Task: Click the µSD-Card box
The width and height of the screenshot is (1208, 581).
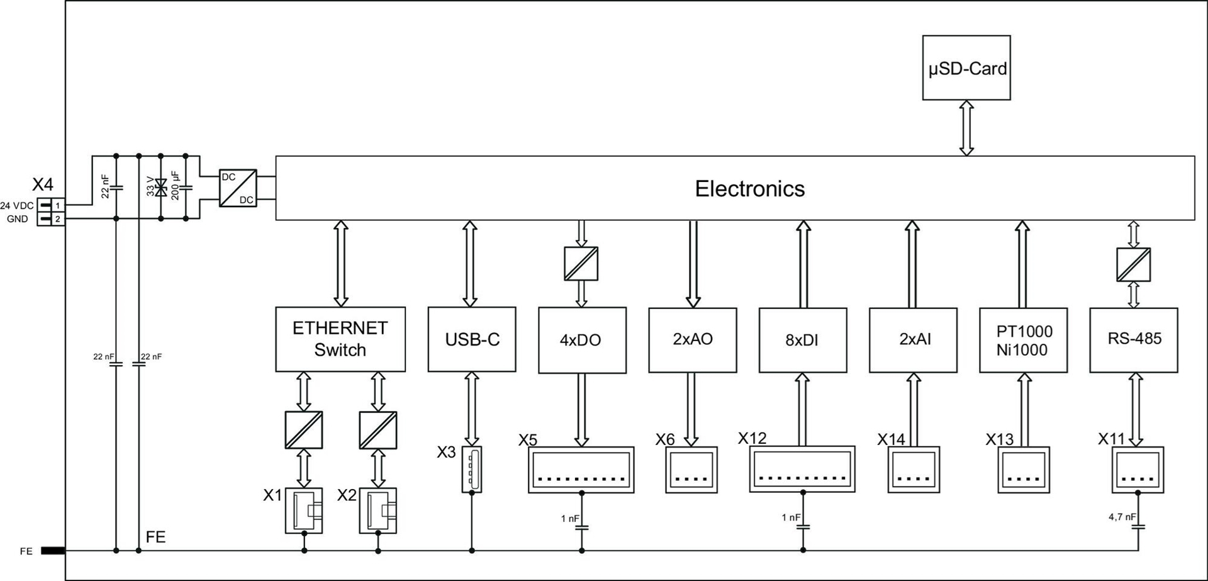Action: (x=966, y=67)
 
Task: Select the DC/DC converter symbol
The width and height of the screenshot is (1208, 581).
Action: (x=238, y=188)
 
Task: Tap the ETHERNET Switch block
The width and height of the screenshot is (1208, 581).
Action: (x=340, y=339)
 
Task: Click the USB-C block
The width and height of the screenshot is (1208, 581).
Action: (x=471, y=339)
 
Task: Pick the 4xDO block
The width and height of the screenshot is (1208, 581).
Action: (x=582, y=340)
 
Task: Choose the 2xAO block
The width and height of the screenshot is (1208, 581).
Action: (x=692, y=340)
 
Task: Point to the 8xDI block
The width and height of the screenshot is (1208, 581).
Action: (x=802, y=340)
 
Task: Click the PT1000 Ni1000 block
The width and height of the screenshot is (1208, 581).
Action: (x=1023, y=340)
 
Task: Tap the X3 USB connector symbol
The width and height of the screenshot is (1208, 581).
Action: (x=471, y=470)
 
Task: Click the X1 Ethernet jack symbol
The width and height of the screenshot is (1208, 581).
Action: (x=304, y=510)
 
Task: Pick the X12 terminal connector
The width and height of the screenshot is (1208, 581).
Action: (x=802, y=469)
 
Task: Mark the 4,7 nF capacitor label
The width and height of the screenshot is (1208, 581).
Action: (x=1122, y=517)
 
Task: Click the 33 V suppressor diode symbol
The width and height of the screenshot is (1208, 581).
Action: (x=161, y=187)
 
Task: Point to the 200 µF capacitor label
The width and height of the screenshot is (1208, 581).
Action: (x=175, y=186)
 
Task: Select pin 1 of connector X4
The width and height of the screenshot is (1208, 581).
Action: (x=57, y=205)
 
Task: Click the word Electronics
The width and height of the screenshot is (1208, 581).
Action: (x=749, y=189)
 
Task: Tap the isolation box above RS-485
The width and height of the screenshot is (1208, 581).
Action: (x=1133, y=264)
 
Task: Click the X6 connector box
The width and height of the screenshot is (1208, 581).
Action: (x=691, y=470)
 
